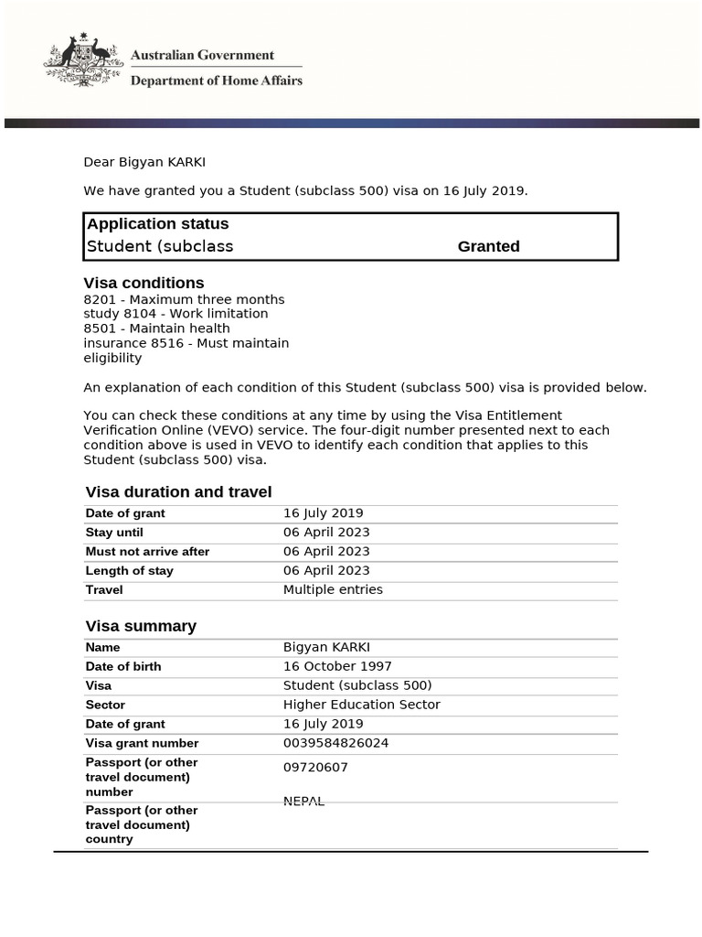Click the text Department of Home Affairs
(216, 81)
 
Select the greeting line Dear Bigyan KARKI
(144, 162)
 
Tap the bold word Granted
(488, 246)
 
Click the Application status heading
(157, 223)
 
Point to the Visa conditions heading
(144, 283)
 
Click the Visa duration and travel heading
(178, 491)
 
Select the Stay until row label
(114, 533)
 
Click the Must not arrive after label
(147, 552)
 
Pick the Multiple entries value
(333, 589)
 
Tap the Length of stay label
(129, 571)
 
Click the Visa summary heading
(141, 626)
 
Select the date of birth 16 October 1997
(337, 666)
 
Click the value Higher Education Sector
(361, 705)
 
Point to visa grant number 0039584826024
(335, 743)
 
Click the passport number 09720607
(315, 768)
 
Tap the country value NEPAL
(303, 801)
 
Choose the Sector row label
(105, 705)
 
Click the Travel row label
(104, 590)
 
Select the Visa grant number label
(142, 744)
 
